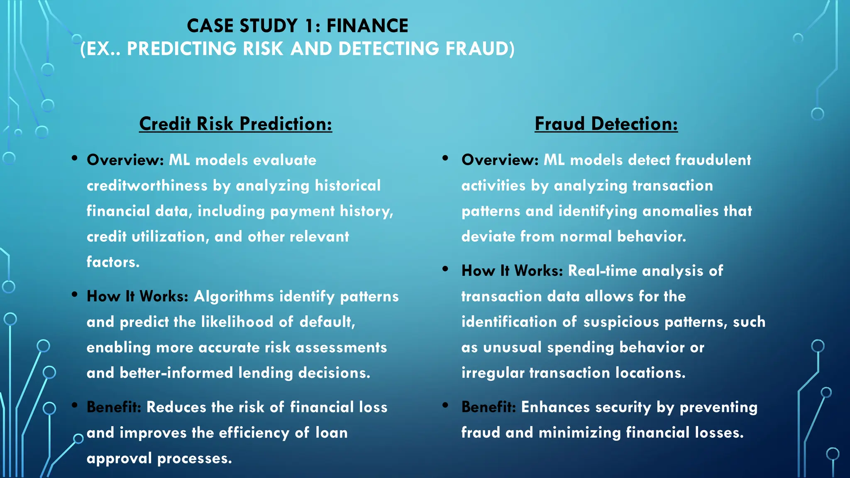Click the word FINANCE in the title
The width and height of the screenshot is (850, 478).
367,26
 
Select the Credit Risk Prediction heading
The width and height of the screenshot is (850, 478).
235,124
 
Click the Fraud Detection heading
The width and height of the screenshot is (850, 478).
606,124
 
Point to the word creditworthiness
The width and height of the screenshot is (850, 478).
147,185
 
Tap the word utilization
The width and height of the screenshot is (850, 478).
170,237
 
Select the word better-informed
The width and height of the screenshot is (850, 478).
176,373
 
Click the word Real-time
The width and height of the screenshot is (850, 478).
602,271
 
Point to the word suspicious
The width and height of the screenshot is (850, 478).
621,322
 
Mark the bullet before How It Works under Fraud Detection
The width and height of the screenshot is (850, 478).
445,269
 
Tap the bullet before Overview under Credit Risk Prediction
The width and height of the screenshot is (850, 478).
75,158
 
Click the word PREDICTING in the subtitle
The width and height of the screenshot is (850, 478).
181,49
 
